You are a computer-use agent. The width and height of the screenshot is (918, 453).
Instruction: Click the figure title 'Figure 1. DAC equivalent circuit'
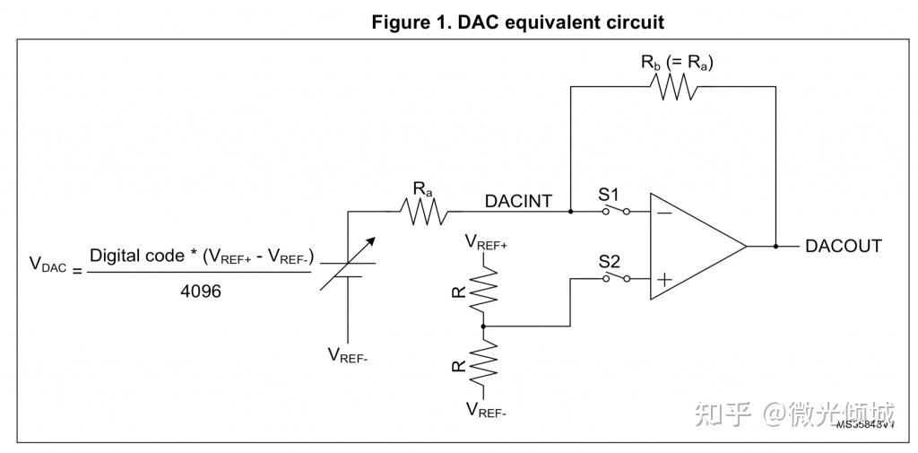517,22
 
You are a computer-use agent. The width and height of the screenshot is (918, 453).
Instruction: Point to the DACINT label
518,202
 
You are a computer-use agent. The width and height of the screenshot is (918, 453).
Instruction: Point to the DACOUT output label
843,246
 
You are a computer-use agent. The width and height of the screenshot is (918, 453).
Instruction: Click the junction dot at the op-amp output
775,246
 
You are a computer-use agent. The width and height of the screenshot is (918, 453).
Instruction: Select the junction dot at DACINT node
571,213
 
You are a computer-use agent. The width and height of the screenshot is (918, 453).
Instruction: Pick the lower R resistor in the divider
484,364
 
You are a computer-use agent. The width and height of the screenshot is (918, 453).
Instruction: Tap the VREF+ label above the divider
485,241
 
